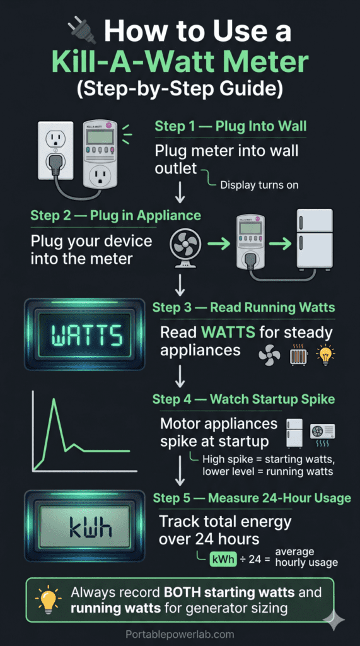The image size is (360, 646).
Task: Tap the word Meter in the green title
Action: [x=256, y=62]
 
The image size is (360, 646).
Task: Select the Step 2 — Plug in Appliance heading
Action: [x=115, y=216]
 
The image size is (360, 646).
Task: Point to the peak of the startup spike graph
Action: [x=54, y=400]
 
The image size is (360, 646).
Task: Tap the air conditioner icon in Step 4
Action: [x=322, y=432]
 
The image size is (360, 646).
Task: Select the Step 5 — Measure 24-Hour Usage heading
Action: [x=252, y=498]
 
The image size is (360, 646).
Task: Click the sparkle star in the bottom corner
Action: [x=334, y=621]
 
